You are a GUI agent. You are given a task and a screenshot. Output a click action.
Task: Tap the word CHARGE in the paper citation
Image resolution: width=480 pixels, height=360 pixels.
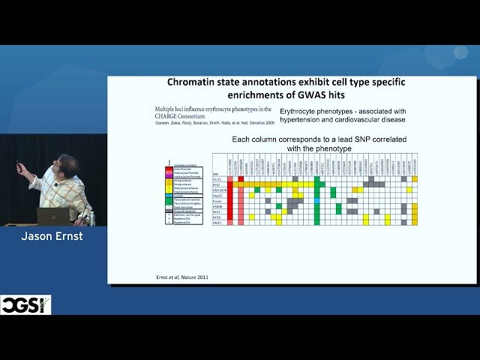175,116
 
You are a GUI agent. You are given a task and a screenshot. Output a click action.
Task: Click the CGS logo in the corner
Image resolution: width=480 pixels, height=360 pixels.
25,304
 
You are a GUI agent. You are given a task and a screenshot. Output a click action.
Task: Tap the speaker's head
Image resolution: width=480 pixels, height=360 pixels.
67,165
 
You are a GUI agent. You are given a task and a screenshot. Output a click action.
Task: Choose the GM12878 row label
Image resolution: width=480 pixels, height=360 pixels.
217,190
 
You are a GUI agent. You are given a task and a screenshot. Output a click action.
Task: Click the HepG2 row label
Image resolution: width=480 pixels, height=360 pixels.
217,195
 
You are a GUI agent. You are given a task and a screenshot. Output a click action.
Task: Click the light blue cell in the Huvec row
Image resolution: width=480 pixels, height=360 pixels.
317,201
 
